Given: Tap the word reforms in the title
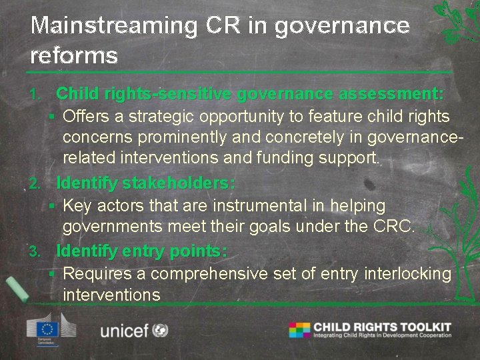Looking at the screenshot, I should tap(74, 55).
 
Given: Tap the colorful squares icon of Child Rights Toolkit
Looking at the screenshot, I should tap(299, 329).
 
